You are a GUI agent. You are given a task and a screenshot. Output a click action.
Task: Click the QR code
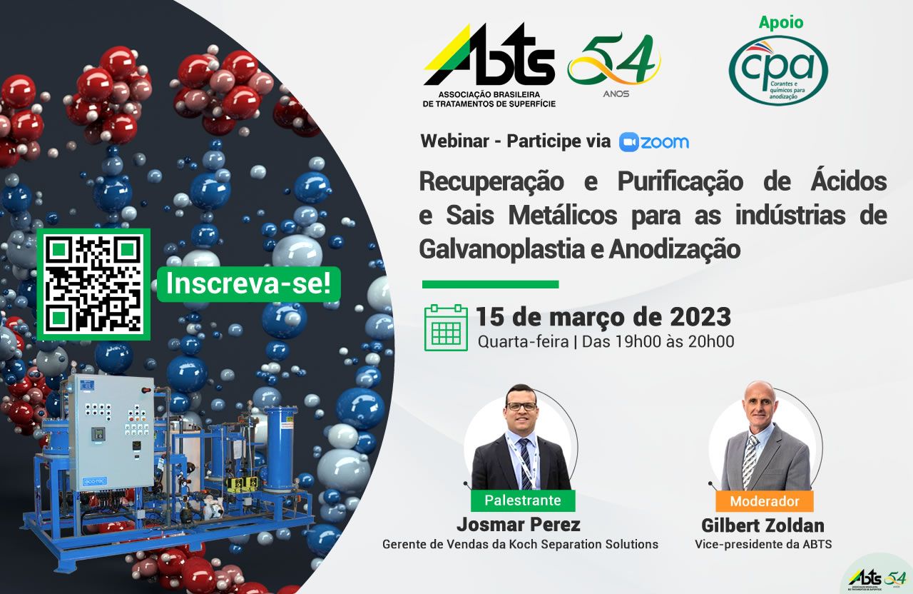pyautogui.click(x=93, y=284)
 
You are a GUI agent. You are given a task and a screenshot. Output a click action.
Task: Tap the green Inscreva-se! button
pyautogui.click(x=249, y=284)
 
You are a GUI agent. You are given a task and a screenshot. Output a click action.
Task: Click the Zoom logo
pyautogui.click(x=654, y=142)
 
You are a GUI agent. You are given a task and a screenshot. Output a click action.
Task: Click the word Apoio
pyautogui.click(x=780, y=22)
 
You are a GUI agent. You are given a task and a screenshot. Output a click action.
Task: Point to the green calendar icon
pyautogui.click(x=446, y=328)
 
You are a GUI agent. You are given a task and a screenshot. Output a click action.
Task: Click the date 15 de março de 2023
pyautogui.click(x=603, y=316)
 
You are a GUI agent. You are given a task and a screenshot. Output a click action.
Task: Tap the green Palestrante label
pyautogui.click(x=523, y=500)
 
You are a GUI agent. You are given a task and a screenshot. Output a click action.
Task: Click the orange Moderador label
pyautogui.click(x=765, y=501)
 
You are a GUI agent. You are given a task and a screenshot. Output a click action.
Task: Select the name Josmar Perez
pyautogui.click(x=519, y=525)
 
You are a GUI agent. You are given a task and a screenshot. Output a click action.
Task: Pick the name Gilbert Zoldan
pyautogui.click(x=762, y=525)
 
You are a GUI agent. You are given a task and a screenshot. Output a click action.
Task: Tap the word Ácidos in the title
pyautogui.click(x=849, y=181)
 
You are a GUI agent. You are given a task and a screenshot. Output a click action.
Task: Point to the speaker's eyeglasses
pyautogui.click(x=521, y=406)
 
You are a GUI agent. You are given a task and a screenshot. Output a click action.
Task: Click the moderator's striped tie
pyautogui.click(x=750, y=461)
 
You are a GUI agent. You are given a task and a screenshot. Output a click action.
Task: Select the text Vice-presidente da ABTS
pyautogui.click(x=763, y=545)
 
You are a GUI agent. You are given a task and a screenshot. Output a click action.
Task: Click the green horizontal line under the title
pyautogui.click(x=490, y=284)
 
